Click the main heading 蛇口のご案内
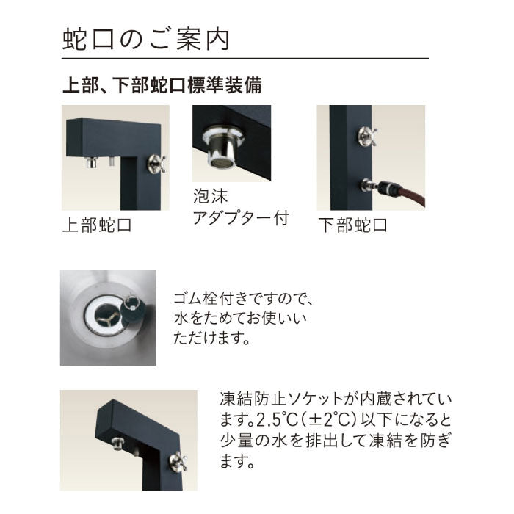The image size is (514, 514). pyautogui.click(x=145, y=40)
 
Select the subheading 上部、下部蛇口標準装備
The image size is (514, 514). pyautogui.click(x=162, y=85)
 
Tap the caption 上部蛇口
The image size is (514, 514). pyautogui.click(x=97, y=225)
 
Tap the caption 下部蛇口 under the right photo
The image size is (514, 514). pyautogui.click(x=352, y=225)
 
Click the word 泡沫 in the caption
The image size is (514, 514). pyautogui.click(x=211, y=196)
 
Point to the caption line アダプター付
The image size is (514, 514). pyautogui.click(x=241, y=217)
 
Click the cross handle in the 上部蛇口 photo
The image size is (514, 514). pyautogui.click(x=156, y=164)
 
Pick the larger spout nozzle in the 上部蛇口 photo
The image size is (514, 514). pyautogui.click(x=92, y=162)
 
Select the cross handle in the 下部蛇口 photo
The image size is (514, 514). pyautogui.click(x=367, y=137)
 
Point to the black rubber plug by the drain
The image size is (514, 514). pyautogui.click(x=134, y=311)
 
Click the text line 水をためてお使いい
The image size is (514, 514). pyautogui.click(x=240, y=318)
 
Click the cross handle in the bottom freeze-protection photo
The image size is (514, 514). pyautogui.click(x=178, y=461)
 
